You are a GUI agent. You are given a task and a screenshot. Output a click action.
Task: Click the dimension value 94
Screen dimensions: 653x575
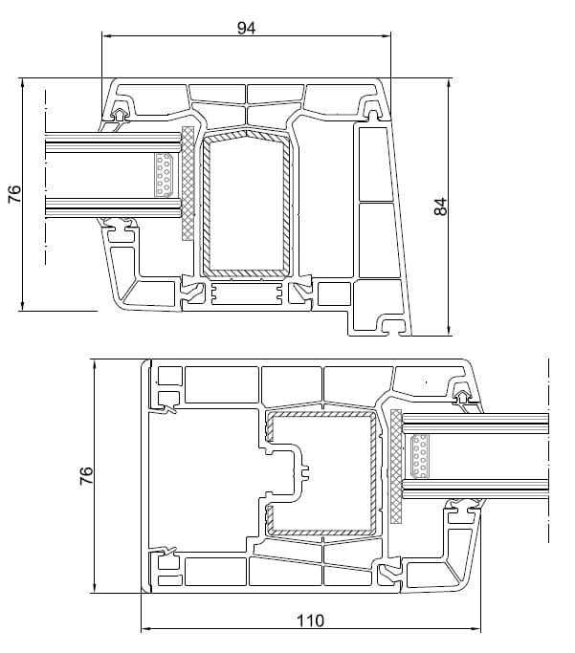[246, 28]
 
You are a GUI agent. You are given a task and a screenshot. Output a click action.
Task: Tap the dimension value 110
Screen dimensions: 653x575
[310, 620]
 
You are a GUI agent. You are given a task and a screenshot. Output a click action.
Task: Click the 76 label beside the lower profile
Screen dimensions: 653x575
[85, 475]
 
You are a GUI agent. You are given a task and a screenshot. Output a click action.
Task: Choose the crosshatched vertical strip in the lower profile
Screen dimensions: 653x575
[396, 466]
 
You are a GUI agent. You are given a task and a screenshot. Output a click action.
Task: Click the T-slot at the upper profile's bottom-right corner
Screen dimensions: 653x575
[392, 326]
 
